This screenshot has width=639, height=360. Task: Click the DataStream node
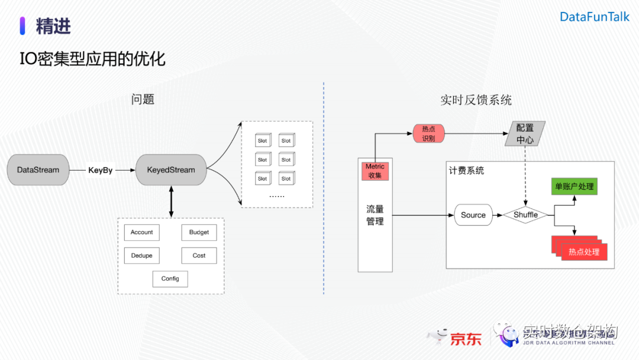38,170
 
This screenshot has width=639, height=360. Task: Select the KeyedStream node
170,170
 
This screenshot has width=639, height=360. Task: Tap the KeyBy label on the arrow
100,171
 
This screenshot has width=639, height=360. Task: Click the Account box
142,233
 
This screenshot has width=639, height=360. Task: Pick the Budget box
199,233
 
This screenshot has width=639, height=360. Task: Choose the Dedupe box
142,256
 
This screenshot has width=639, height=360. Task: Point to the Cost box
199,256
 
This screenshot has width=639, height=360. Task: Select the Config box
170,279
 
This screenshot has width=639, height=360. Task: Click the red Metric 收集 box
375,171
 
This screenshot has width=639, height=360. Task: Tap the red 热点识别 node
428,134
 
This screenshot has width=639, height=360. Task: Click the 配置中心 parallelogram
525,134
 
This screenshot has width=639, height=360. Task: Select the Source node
473,216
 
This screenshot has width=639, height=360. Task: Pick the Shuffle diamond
525,215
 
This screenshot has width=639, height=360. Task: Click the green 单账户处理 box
573,187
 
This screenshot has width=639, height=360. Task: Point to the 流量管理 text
375,216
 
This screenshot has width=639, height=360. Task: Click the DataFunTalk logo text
595,17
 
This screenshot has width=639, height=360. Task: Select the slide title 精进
53,26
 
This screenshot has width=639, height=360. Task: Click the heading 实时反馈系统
476,100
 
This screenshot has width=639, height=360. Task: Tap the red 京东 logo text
466,339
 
